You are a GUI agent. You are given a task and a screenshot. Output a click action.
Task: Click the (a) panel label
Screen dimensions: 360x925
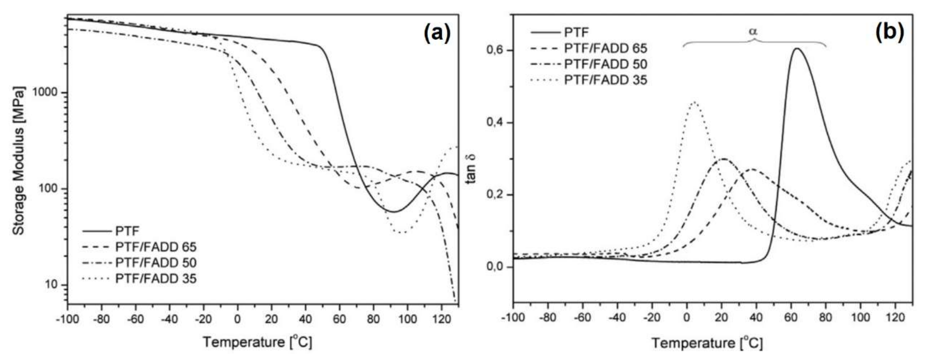click(437, 34)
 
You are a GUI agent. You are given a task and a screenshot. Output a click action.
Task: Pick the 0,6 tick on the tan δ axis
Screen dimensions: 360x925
click(495, 51)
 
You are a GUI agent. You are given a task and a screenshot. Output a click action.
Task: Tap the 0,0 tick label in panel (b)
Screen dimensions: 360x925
click(495, 267)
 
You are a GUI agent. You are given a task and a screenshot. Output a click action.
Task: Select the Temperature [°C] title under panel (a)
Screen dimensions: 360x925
click(257, 342)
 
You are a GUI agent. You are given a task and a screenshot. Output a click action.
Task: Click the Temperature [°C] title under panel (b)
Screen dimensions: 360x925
click(707, 343)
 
